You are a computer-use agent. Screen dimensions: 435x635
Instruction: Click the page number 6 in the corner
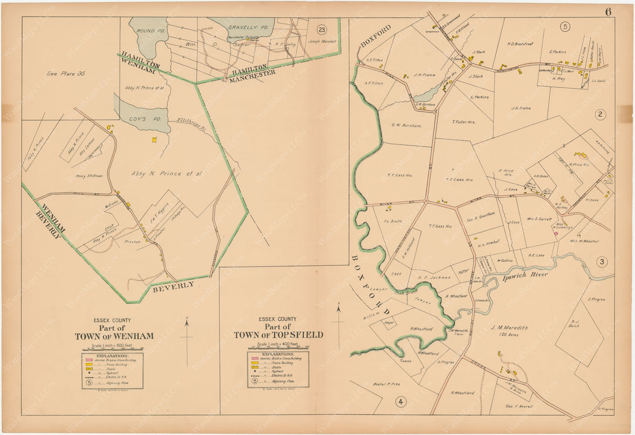[x=607, y=11]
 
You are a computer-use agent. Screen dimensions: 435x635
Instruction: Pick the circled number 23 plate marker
[x=321, y=29]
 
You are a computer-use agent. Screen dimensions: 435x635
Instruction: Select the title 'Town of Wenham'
[x=114, y=336]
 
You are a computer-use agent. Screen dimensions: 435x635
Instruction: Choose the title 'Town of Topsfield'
[x=278, y=335]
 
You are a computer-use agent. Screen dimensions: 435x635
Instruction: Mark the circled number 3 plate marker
[x=601, y=262]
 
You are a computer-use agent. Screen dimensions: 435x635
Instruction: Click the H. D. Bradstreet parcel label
[x=519, y=43]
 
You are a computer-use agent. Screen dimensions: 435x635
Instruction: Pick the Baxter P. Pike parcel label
[x=386, y=384]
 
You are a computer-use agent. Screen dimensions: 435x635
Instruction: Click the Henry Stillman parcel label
[x=89, y=176]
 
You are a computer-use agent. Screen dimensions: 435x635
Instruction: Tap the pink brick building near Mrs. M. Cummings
[x=555, y=234]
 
